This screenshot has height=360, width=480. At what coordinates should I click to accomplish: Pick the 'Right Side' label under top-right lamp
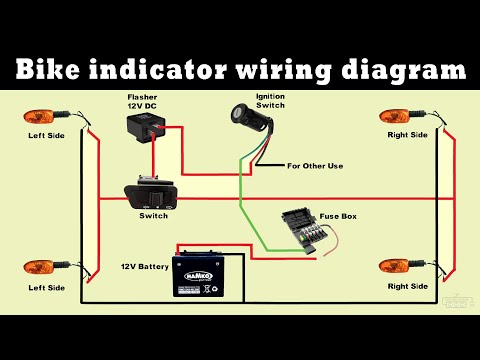point(409,134)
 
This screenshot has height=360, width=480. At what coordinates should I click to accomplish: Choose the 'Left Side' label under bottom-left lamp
point(46,287)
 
